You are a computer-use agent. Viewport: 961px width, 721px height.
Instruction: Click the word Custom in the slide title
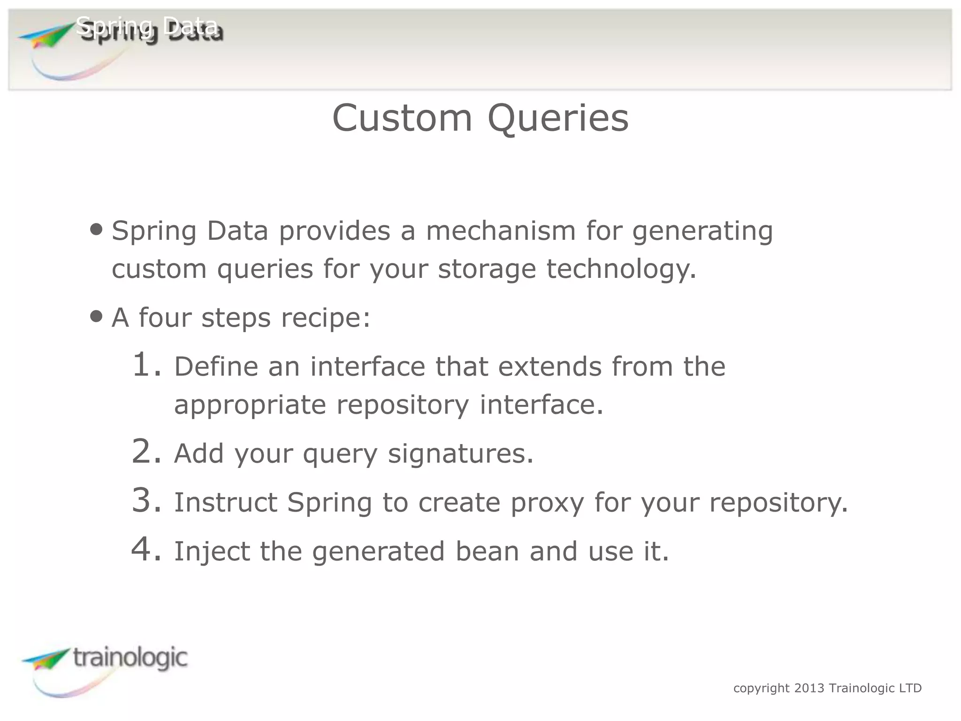402,118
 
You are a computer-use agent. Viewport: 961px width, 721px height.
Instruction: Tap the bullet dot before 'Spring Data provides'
96,230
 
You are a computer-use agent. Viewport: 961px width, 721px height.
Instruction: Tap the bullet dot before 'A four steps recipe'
96,316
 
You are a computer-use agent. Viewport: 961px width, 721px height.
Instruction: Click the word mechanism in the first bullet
501,231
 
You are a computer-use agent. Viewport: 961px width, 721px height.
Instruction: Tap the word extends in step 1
549,367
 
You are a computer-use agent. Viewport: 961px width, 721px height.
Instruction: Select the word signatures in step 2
460,454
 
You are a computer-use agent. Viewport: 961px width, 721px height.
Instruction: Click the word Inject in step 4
212,552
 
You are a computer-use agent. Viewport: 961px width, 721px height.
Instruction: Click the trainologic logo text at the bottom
130,658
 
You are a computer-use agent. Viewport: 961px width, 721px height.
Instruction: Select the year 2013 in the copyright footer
809,688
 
